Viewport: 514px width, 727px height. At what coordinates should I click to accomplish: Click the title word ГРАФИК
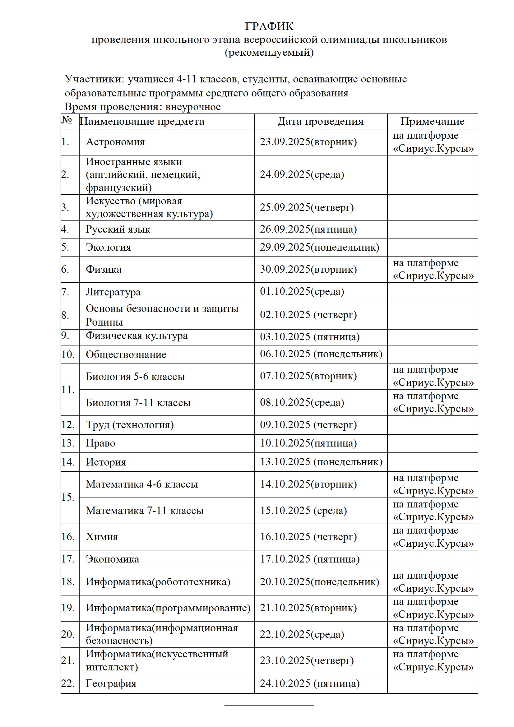click(269, 26)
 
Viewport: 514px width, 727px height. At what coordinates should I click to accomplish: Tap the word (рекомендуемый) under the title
click(269, 52)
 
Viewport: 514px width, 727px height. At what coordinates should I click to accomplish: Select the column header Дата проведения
click(321, 121)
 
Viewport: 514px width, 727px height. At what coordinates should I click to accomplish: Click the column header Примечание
click(432, 121)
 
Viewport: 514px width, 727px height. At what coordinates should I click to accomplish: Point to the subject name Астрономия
click(115, 142)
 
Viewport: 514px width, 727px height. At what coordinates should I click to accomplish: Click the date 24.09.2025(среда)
click(302, 174)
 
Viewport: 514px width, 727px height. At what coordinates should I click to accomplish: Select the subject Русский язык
click(118, 229)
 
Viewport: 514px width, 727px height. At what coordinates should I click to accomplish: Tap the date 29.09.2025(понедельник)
click(320, 247)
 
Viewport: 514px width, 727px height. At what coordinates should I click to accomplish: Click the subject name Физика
click(104, 270)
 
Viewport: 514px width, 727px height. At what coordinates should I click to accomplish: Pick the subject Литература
click(113, 292)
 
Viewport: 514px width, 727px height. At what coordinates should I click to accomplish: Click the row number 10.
click(68, 354)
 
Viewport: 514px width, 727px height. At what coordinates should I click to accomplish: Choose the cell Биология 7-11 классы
click(138, 403)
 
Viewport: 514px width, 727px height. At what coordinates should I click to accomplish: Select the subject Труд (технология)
click(130, 425)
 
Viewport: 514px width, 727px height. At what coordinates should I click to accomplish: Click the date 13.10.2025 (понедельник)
click(321, 462)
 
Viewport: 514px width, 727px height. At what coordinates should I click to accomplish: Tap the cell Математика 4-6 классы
click(142, 484)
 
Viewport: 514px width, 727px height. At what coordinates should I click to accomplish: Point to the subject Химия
click(102, 537)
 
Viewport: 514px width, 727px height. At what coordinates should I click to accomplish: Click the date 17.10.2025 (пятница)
click(310, 559)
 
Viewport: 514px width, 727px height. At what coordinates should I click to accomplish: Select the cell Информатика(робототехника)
click(158, 582)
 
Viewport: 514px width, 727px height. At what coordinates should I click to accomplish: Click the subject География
click(111, 683)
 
